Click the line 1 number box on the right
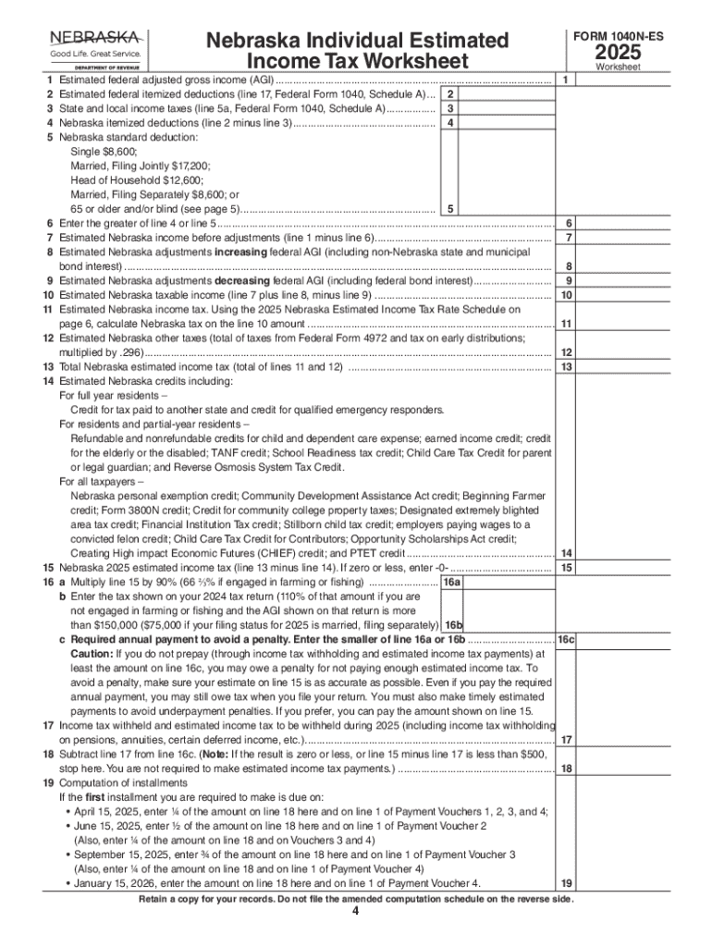(x=565, y=81)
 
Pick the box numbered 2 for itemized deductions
(x=448, y=95)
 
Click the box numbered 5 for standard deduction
(x=448, y=209)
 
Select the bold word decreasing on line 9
(x=245, y=280)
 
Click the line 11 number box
(x=566, y=324)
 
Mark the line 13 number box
(x=566, y=367)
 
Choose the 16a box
(x=452, y=583)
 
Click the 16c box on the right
(x=566, y=640)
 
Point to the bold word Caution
(x=92, y=653)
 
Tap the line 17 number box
(x=566, y=740)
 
